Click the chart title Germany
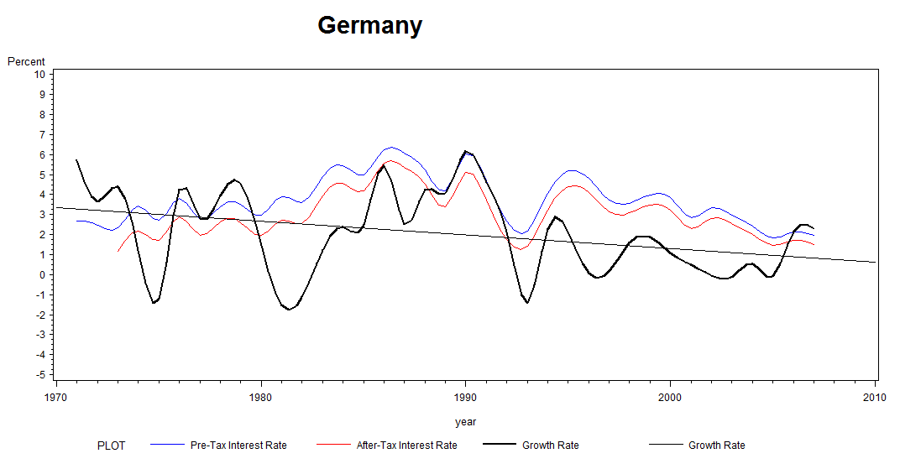369,26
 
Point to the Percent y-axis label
26,61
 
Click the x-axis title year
465,422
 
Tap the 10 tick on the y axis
39,74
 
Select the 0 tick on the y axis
42,274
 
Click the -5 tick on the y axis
39,374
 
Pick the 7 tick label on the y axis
42,134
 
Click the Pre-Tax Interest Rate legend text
238,446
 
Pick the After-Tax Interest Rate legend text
407,446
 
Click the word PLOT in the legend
112,446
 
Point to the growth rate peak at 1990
466,151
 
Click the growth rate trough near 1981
289,310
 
